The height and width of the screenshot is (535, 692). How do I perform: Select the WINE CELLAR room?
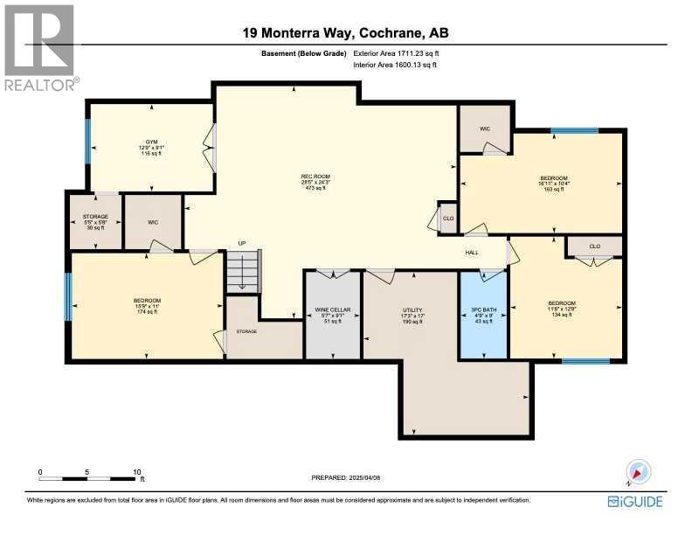pyautogui.click(x=332, y=316)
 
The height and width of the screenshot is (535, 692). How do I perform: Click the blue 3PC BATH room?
pyautogui.click(x=483, y=316)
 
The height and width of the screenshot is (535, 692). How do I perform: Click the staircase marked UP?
pyautogui.click(x=244, y=270)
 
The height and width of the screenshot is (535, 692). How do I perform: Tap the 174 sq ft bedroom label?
pyautogui.click(x=147, y=305)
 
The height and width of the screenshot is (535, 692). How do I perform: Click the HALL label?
pyautogui.click(x=472, y=253)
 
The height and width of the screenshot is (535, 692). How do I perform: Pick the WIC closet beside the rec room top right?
pyautogui.click(x=485, y=129)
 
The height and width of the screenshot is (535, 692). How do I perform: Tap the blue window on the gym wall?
pyautogui.click(x=87, y=142)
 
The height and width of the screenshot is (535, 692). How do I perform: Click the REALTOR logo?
pyautogui.click(x=40, y=47)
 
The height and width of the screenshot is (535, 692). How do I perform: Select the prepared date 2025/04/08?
pyautogui.click(x=347, y=477)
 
